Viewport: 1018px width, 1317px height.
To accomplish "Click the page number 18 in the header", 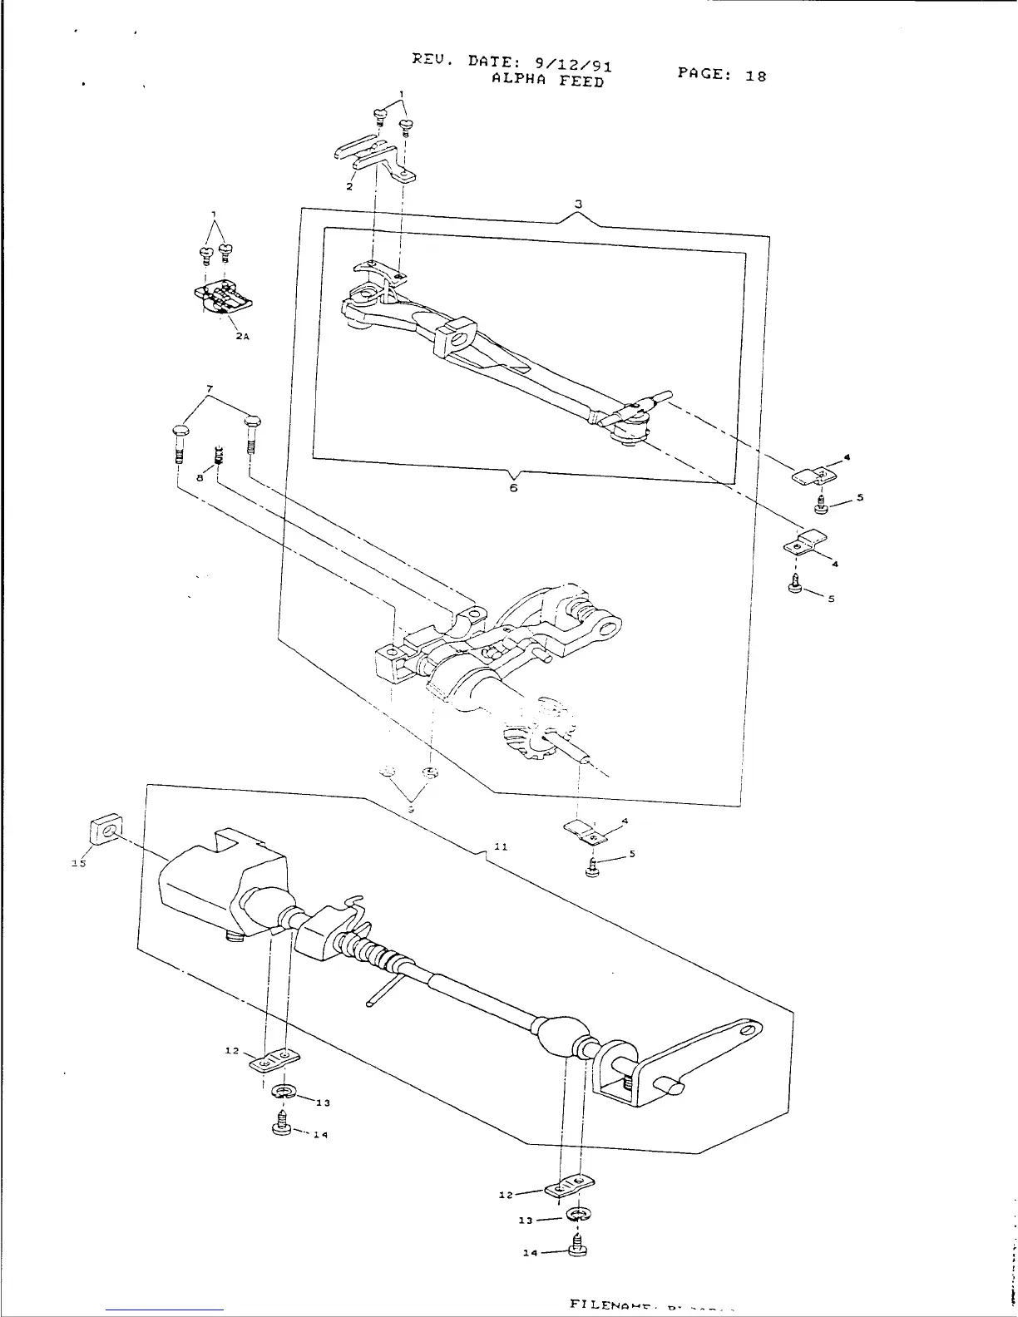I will pos(755,76).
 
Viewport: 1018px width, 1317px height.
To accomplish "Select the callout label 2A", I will pos(242,336).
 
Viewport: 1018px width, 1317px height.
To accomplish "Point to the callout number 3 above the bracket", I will pos(578,204).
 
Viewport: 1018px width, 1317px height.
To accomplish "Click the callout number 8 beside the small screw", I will pos(200,478).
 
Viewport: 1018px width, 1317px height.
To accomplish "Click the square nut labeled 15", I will pos(104,830).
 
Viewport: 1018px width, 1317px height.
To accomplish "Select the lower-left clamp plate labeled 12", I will pos(274,1062).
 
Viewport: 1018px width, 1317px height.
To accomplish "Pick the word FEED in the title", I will pos(581,82).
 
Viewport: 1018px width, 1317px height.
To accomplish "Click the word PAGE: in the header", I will pos(705,73).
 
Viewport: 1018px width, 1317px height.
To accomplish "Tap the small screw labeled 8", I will pos(219,456).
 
